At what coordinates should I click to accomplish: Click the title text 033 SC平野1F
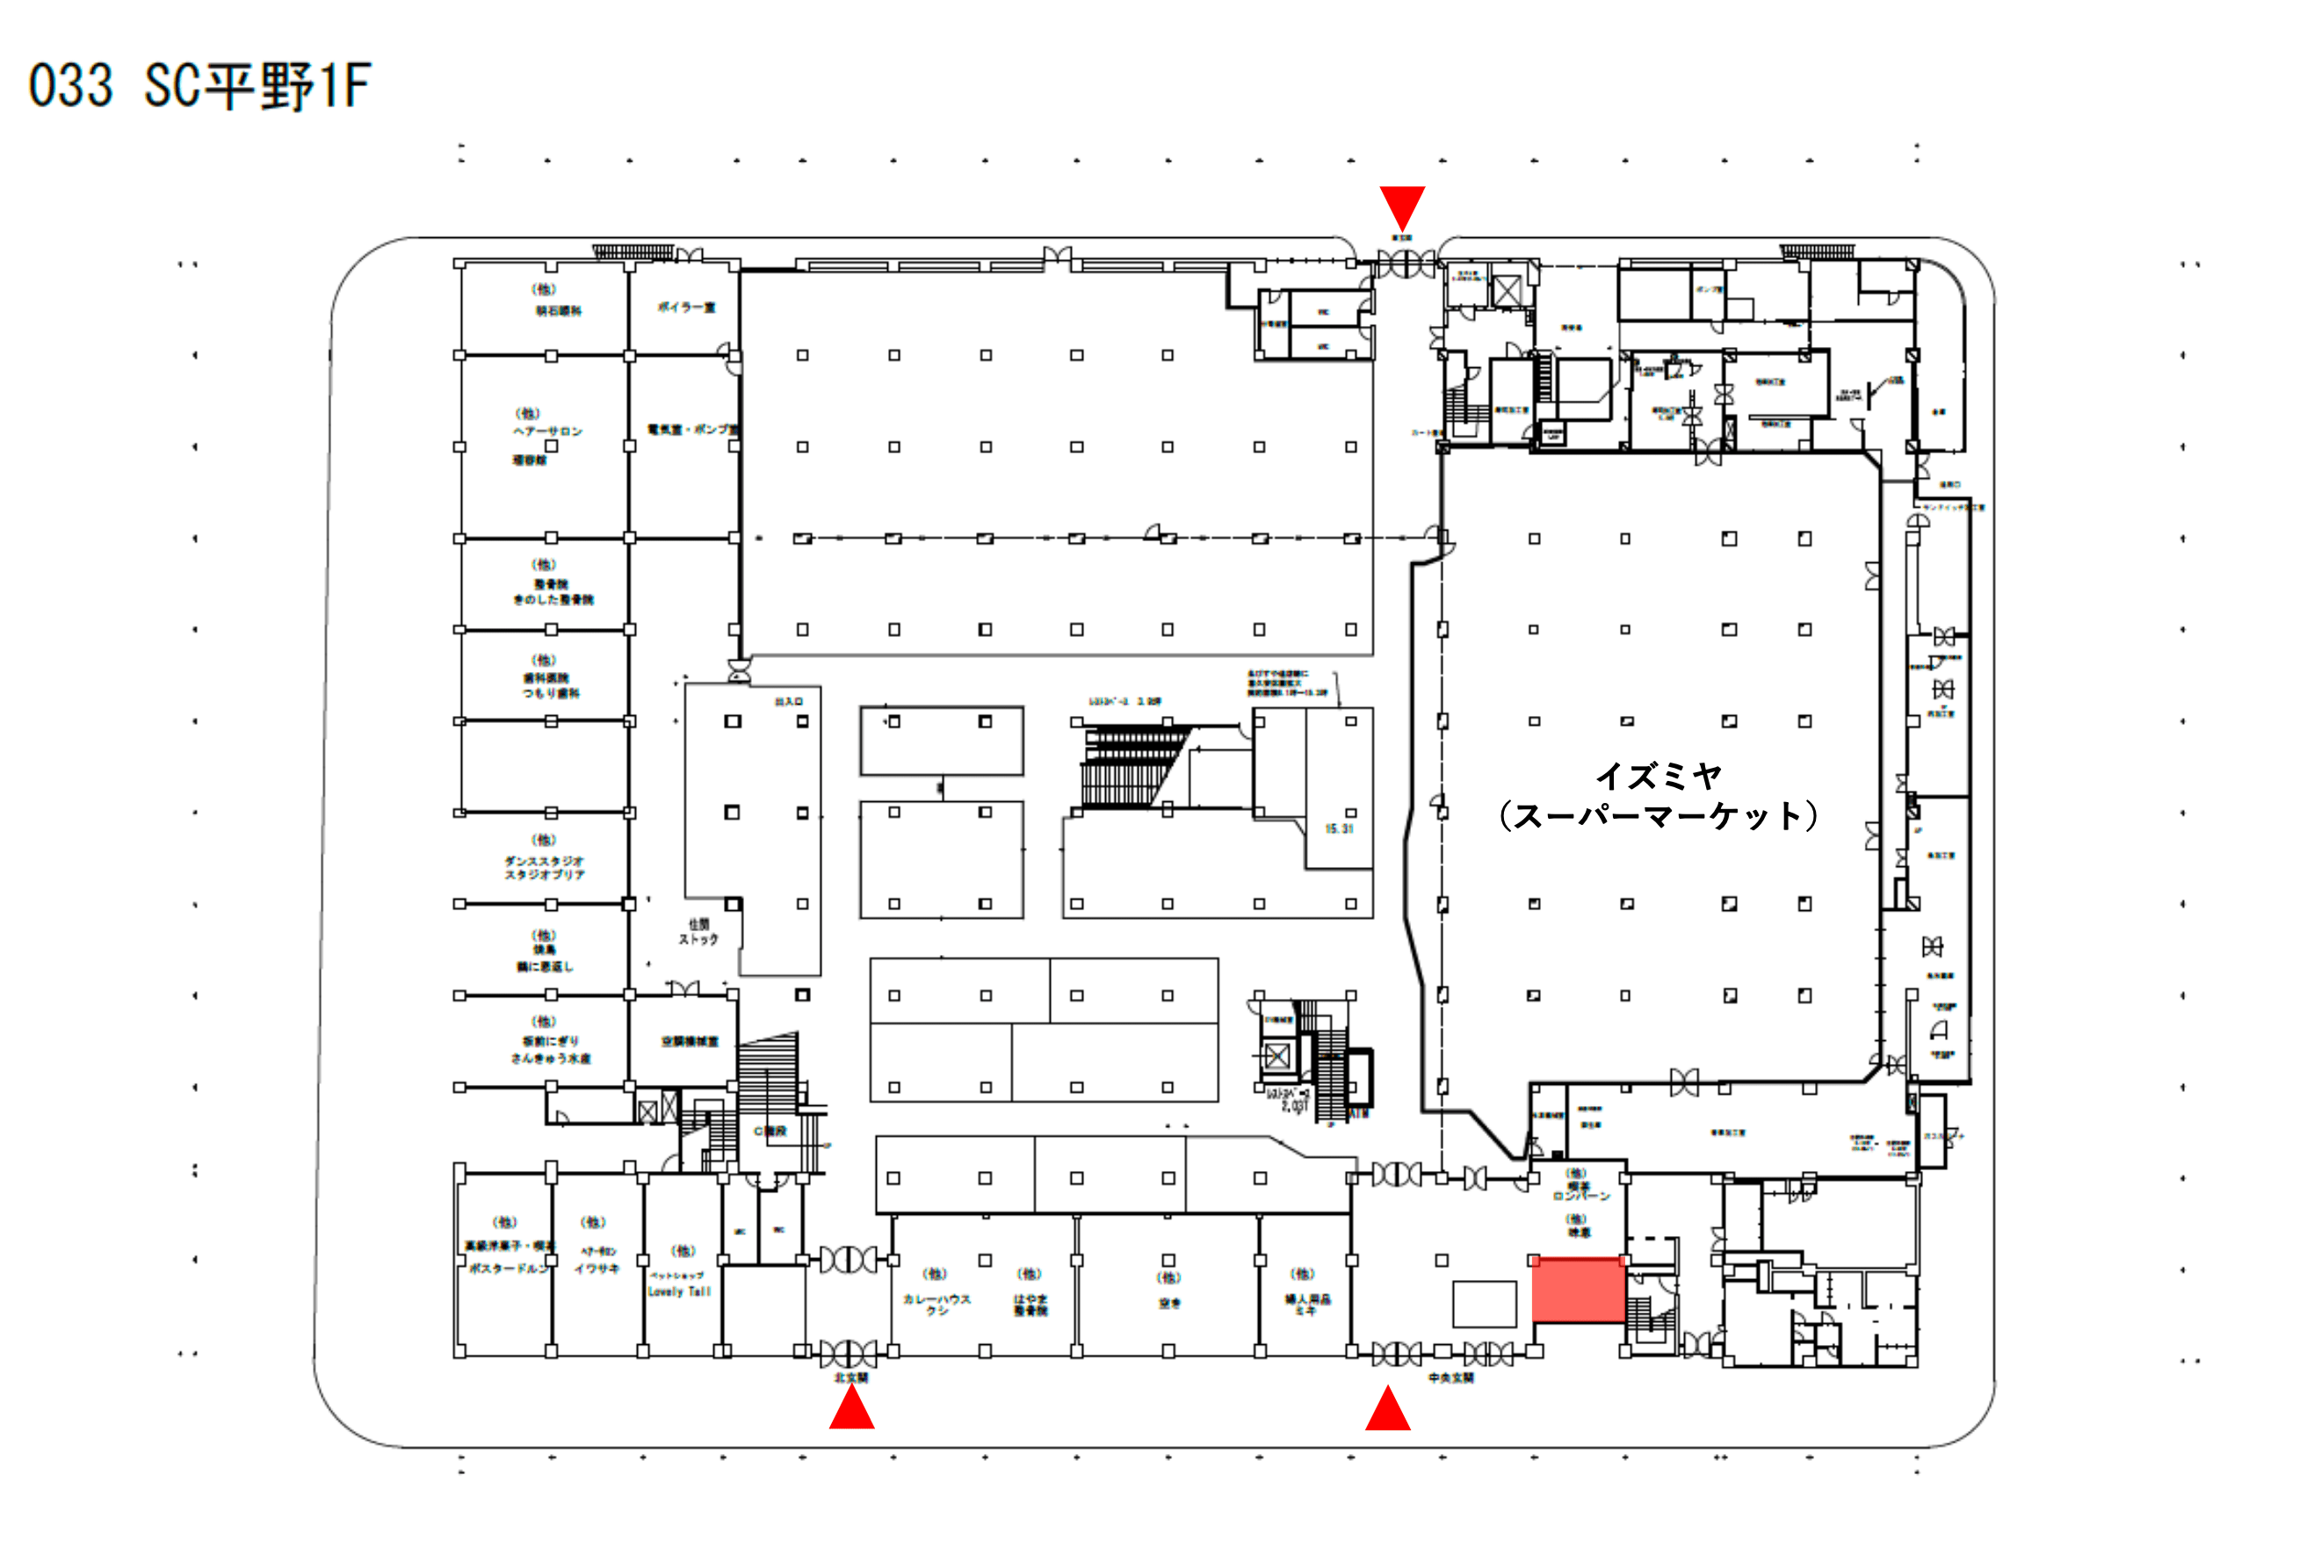coord(199,85)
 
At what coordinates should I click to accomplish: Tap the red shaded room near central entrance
coord(1578,1289)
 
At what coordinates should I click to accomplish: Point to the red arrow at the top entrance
coord(1402,206)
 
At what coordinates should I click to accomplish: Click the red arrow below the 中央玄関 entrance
coord(1387,1408)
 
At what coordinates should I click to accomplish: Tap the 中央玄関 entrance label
coord(1450,1378)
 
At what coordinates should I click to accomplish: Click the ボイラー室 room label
coord(686,307)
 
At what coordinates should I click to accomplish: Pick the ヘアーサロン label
coord(547,431)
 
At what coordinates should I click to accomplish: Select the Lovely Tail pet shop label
coord(679,1291)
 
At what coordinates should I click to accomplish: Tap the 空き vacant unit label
coord(1170,1303)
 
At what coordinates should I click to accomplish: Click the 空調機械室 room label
coord(689,1041)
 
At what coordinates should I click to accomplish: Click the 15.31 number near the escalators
coord(1339,828)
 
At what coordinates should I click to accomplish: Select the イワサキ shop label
coord(597,1269)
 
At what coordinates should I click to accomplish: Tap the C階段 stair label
coord(770,1131)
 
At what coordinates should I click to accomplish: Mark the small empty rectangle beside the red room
coord(1483,1303)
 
